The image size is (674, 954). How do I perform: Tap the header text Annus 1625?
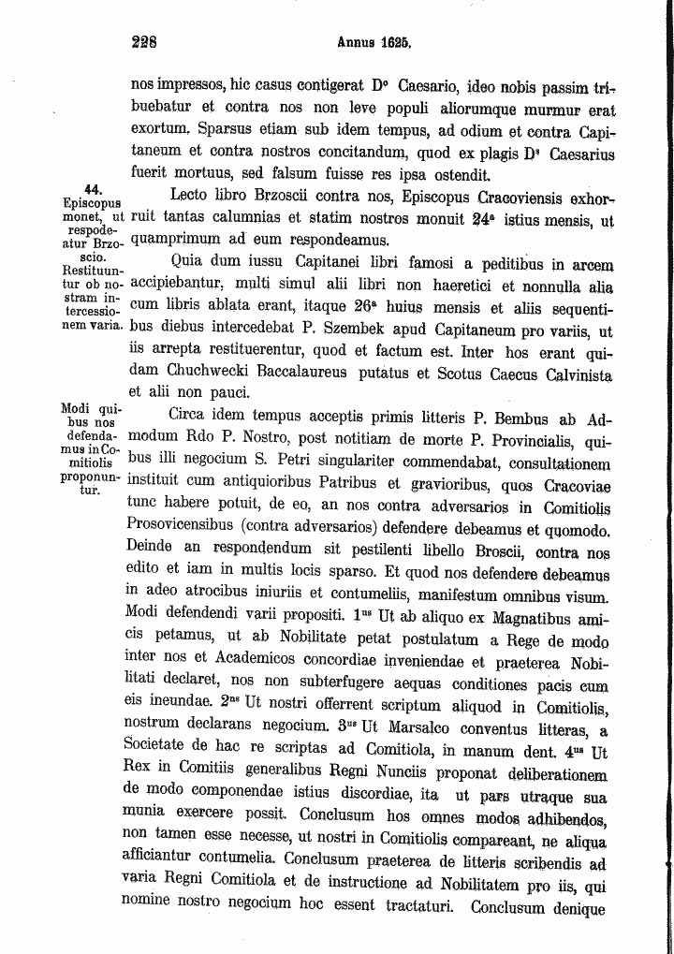pos(374,42)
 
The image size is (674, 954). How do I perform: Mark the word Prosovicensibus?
pos(186,529)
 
